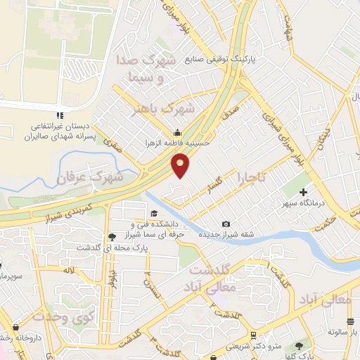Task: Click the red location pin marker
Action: (181, 166)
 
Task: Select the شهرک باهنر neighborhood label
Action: (167, 109)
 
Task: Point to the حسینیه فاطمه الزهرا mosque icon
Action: (177, 132)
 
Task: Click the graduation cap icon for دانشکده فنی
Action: (153, 214)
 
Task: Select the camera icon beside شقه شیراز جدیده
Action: (225, 224)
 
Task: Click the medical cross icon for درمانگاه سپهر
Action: (304, 191)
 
